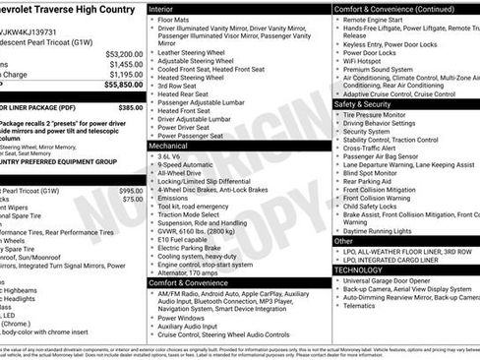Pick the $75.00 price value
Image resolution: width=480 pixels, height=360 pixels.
point(132,199)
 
